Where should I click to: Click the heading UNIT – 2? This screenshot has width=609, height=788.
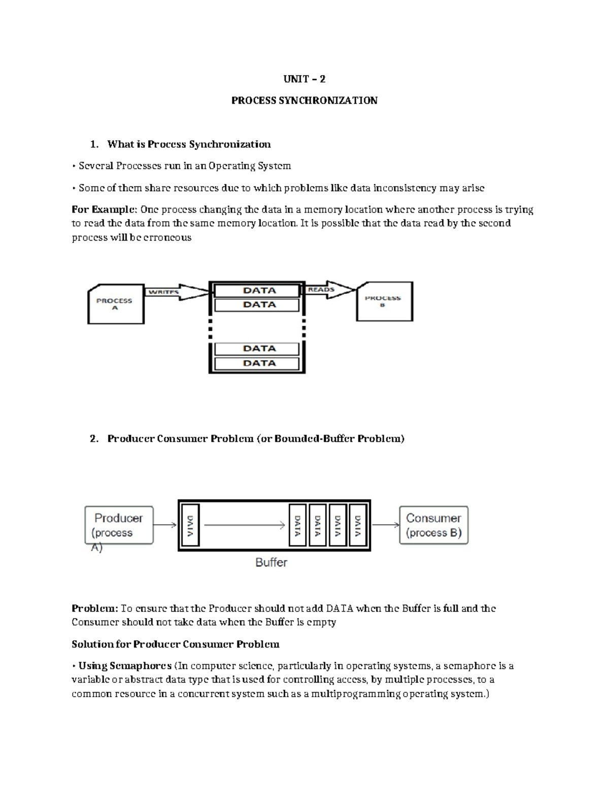(x=304, y=79)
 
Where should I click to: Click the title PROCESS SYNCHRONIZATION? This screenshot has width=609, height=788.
(x=304, y=100)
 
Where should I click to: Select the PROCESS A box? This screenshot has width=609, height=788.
(x=116, y=304)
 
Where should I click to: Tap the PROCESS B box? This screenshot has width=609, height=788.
(x=384, y=301)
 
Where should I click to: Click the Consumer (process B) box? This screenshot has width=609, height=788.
(x=433, y=525)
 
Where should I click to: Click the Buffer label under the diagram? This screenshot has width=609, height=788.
(x=271, y=562)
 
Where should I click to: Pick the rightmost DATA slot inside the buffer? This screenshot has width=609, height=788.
(x=358, y=525)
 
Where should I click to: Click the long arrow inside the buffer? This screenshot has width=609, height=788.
(x=244, y=525)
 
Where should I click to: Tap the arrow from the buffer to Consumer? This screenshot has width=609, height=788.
(x=386, y=525)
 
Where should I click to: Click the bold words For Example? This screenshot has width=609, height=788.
(x=104, y=210)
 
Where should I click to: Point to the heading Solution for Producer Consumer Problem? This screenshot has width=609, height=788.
(x=176, y=644)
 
